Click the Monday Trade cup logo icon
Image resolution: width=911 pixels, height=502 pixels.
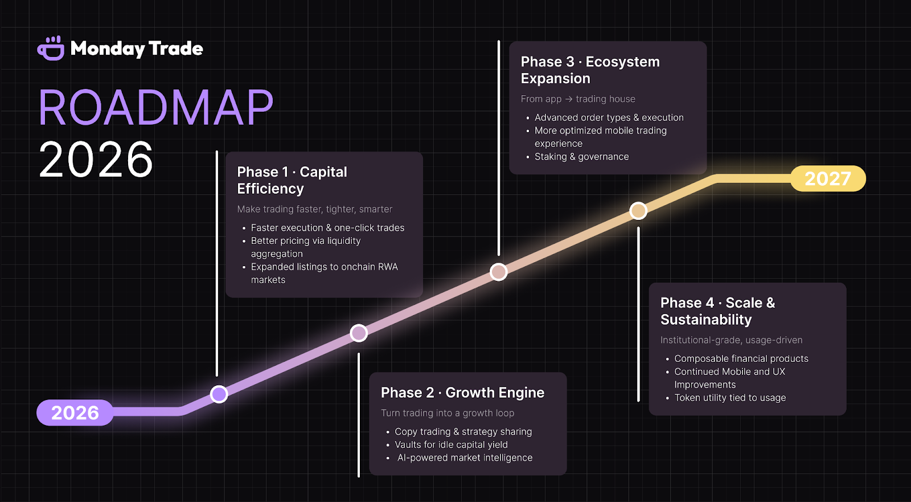click(x=51, y=48)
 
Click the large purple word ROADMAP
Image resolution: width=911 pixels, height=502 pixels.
click(x=155, y=108)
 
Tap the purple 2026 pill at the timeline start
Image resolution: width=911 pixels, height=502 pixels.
click(x=75, y=413)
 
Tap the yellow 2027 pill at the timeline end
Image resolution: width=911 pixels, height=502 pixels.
click(x=827, y=179)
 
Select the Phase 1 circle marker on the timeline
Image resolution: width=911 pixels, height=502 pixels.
click(x=219, y=394)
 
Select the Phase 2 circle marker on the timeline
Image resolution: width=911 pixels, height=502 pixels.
click(x=359, y=333)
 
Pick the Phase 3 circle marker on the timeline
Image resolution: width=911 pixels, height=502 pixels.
click(x=499, y=272)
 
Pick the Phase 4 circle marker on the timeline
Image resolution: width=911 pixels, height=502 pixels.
click(x=638, y=211)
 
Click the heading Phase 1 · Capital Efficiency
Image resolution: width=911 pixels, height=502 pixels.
click(x=292, y=180)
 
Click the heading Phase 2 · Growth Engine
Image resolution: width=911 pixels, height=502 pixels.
click(x=462, y=393)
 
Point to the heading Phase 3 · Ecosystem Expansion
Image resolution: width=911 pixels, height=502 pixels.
click(x=590, y=70)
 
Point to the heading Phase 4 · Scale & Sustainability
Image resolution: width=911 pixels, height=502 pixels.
click(x=717, y=311)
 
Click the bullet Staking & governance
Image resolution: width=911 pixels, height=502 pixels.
click(x=581, y=157)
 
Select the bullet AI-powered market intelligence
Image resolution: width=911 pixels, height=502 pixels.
click(x=465, y=458)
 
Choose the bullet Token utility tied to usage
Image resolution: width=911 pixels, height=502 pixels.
click(x=730, y=398)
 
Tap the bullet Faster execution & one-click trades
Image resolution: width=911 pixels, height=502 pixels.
click(x=327, y=228)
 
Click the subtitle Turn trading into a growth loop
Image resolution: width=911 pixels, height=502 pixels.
click(x=448, y=413)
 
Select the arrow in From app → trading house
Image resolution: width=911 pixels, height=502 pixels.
click(x=569, y=99)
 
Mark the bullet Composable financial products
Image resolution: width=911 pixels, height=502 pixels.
click(x=741, y=358)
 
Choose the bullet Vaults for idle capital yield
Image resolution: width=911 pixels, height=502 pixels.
click(x=451, y=444)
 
